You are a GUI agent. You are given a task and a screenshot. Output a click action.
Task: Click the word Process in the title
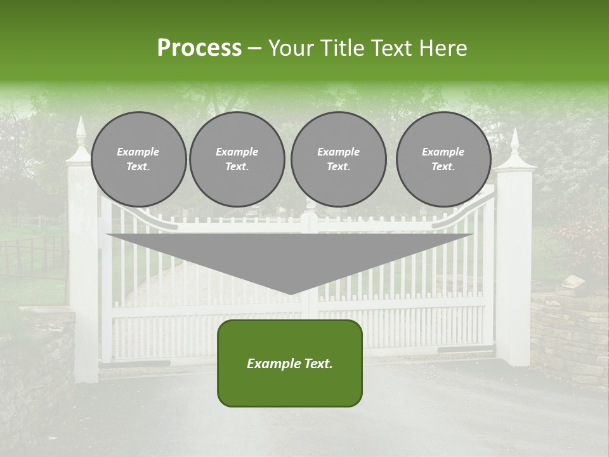click(199, 48)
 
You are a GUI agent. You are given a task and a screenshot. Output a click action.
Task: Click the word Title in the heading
click(341, 48)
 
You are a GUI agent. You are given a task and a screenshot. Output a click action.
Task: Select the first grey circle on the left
click(138, 159)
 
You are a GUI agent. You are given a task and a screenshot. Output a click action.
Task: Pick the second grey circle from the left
click(237, 159)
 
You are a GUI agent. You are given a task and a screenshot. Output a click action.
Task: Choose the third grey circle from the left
click(338, 159)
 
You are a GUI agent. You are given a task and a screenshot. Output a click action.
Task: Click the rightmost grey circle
click(443, 159)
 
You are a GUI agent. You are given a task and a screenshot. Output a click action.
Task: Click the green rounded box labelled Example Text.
click(290, 363)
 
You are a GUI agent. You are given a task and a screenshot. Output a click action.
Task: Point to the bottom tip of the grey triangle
click(291, 293)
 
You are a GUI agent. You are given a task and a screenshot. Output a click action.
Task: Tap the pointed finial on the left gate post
click(81, 130)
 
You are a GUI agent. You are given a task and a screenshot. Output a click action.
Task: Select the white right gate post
click(513, 273)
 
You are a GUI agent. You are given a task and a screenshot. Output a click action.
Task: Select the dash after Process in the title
click(255, 48)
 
